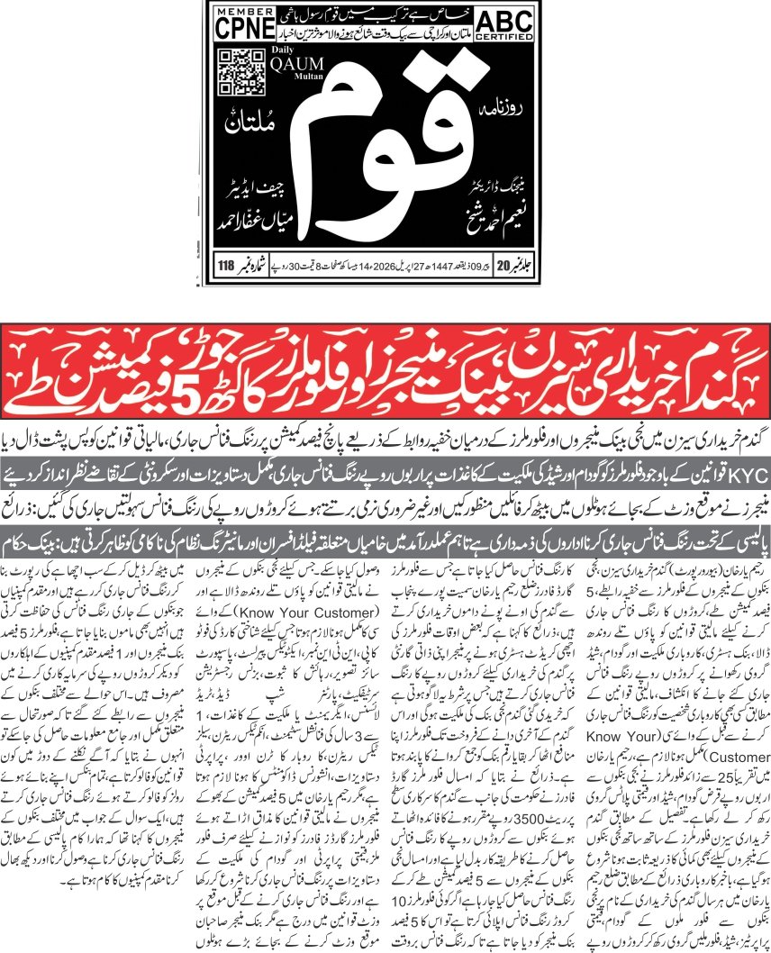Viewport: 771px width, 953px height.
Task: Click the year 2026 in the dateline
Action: pos(388,266)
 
